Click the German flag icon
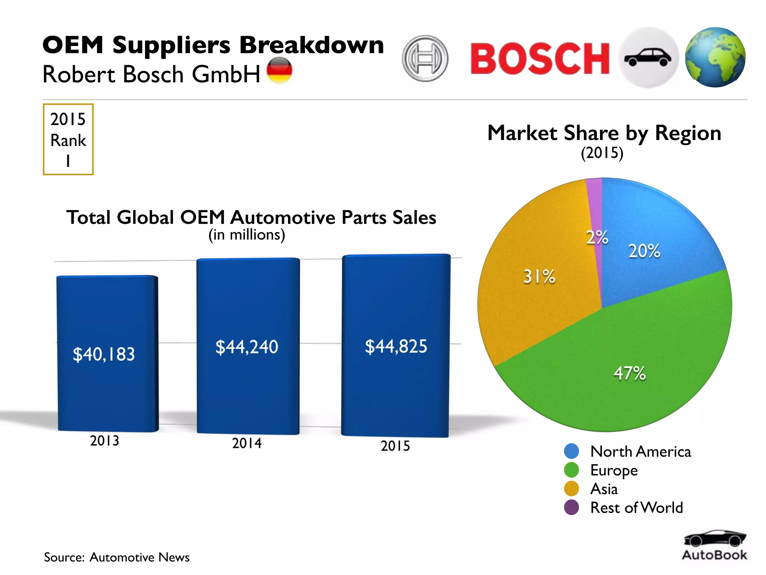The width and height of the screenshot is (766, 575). (x=279, y=70)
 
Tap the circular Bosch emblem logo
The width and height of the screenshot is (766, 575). (x=425, y=58)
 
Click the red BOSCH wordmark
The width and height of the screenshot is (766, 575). (x=540, y=58)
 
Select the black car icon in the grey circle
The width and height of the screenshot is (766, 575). (x=648, y=58)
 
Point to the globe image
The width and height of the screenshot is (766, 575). (x=715, y=57)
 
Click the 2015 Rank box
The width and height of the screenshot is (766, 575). (x=68, y=139)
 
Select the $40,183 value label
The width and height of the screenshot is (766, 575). (x=104, y=354)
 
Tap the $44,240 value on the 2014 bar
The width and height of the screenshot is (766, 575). (x=247, y=347)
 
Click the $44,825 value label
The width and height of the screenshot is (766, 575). (x=396, y=346)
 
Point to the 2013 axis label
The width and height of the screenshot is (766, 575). (x=104, y=441)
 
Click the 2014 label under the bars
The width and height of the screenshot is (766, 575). (x=247, y=443)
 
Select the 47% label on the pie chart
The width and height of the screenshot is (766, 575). (x=629, y=373)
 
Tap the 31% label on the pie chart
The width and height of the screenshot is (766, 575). (x=539, y=277)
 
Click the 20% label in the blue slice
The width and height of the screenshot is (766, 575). (x=644, y=251)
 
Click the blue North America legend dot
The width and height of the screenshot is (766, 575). (x=571, y=451)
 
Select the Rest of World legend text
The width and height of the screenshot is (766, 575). (x=637, y=508)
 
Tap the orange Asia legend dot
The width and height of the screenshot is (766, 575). (x=571, y=489)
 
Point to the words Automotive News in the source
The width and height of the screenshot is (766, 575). (x=140, y=557)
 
